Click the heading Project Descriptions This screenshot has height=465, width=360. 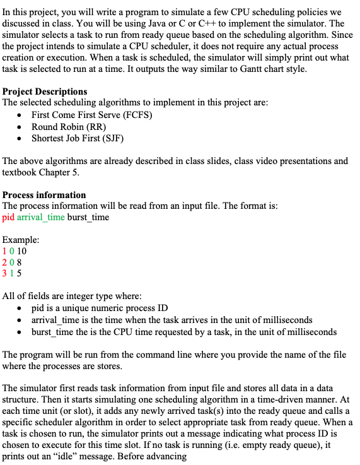click(45, 92)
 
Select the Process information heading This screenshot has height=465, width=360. click(44, 195)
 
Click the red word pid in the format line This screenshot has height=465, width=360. click(8, 218)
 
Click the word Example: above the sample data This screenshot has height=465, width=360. click(21, 240)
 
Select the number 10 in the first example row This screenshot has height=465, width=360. click(21, 252)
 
